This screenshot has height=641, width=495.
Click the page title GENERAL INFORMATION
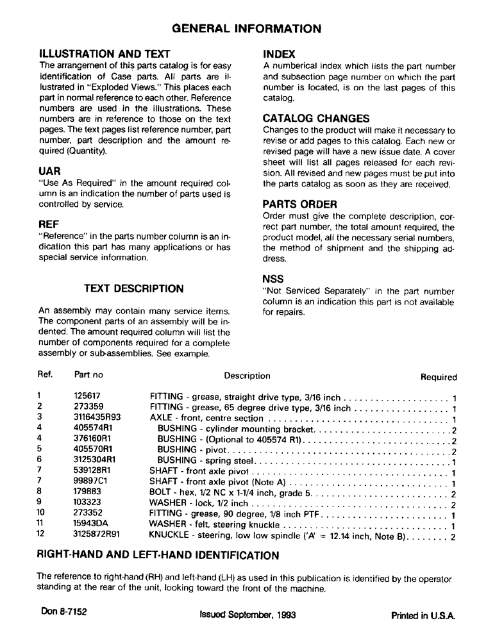point(247,29)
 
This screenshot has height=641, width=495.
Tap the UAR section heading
point(50,172)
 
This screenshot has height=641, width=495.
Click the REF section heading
point(49,225)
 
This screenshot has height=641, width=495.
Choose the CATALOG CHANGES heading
point(316,119)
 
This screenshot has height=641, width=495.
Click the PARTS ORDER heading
point(299,204)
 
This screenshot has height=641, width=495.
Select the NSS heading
point(274,279)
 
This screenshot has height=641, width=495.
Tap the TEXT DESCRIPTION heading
point(134,289)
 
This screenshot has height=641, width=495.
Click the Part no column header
point(88,376)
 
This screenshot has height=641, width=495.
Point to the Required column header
point(439,377)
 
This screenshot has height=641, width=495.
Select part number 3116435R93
point(97,417)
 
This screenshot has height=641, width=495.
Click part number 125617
point(88,396)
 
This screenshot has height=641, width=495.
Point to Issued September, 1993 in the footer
point(247,614)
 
